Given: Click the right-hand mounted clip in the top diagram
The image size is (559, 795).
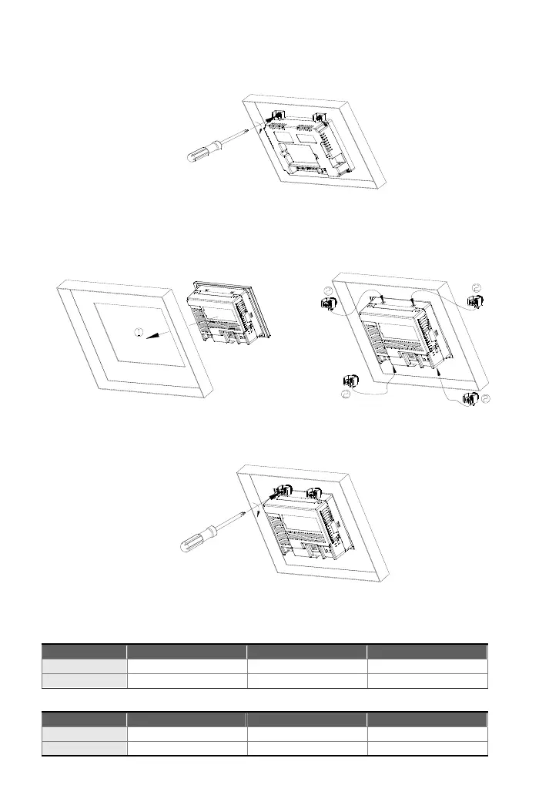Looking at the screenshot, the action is click(x=316, y=118).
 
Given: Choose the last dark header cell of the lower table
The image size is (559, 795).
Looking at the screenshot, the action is click(x=427, y=720).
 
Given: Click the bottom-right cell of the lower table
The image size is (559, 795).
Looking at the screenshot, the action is click(x=427, y=748).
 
